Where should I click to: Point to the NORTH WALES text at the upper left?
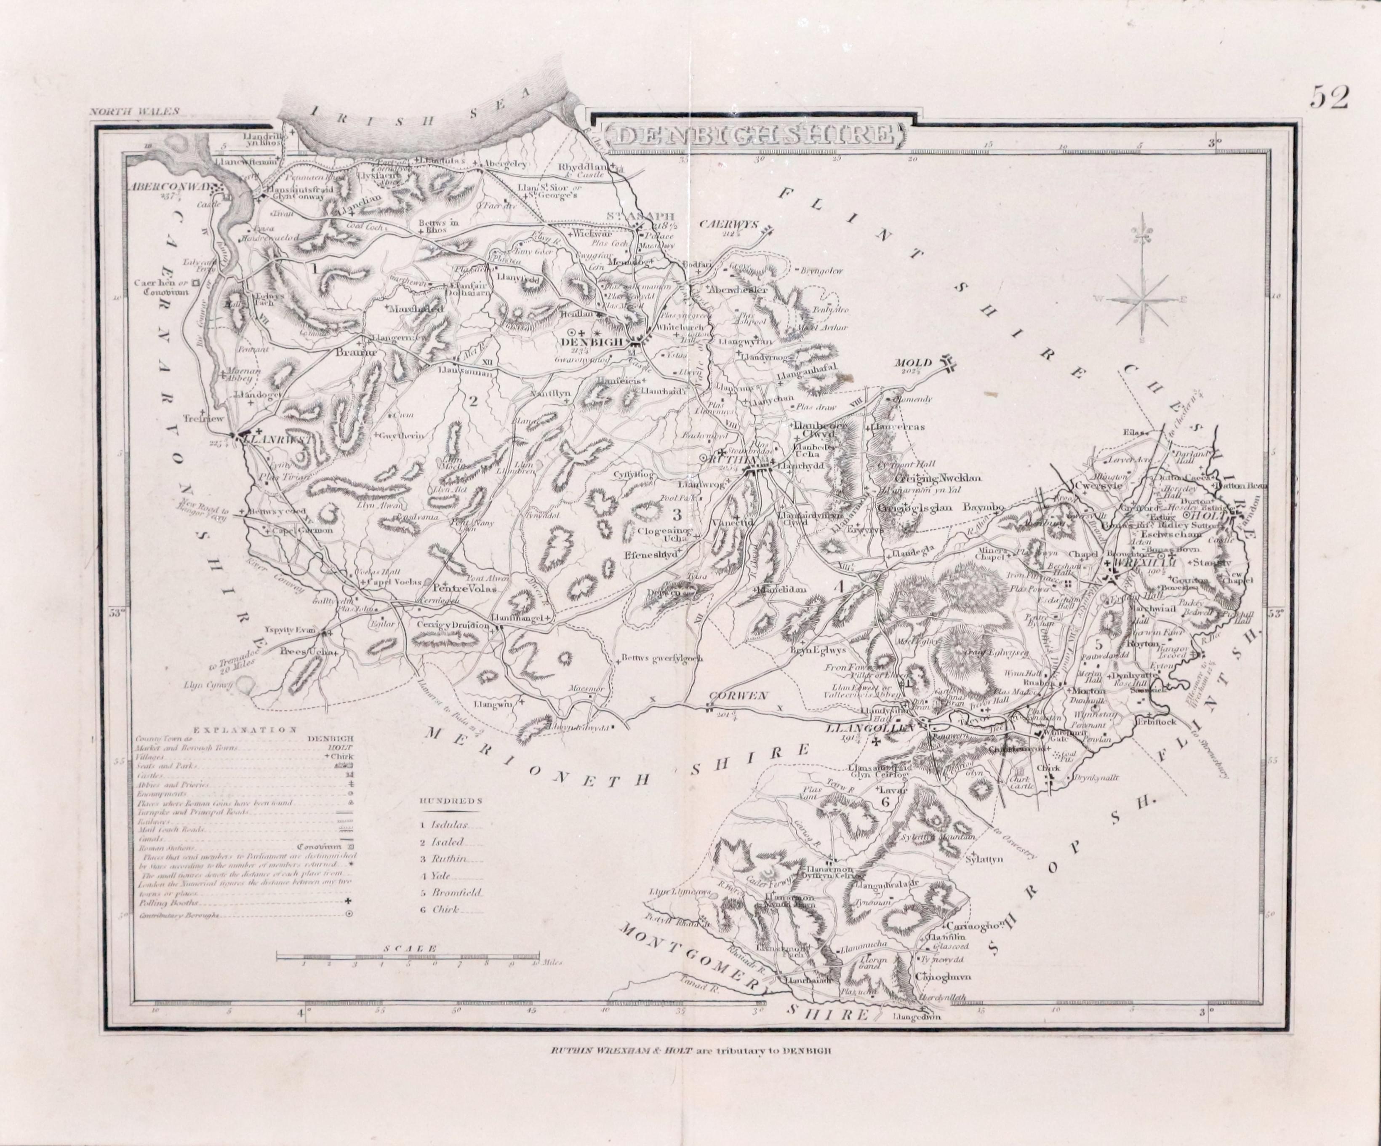tap(135, 112)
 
